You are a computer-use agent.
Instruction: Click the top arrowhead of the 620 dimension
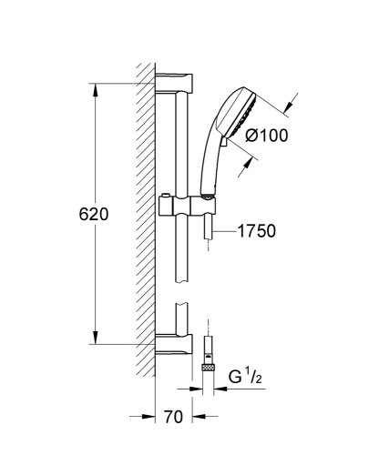coord(95,88)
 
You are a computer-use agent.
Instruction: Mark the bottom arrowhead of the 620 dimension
coord(95,341)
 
